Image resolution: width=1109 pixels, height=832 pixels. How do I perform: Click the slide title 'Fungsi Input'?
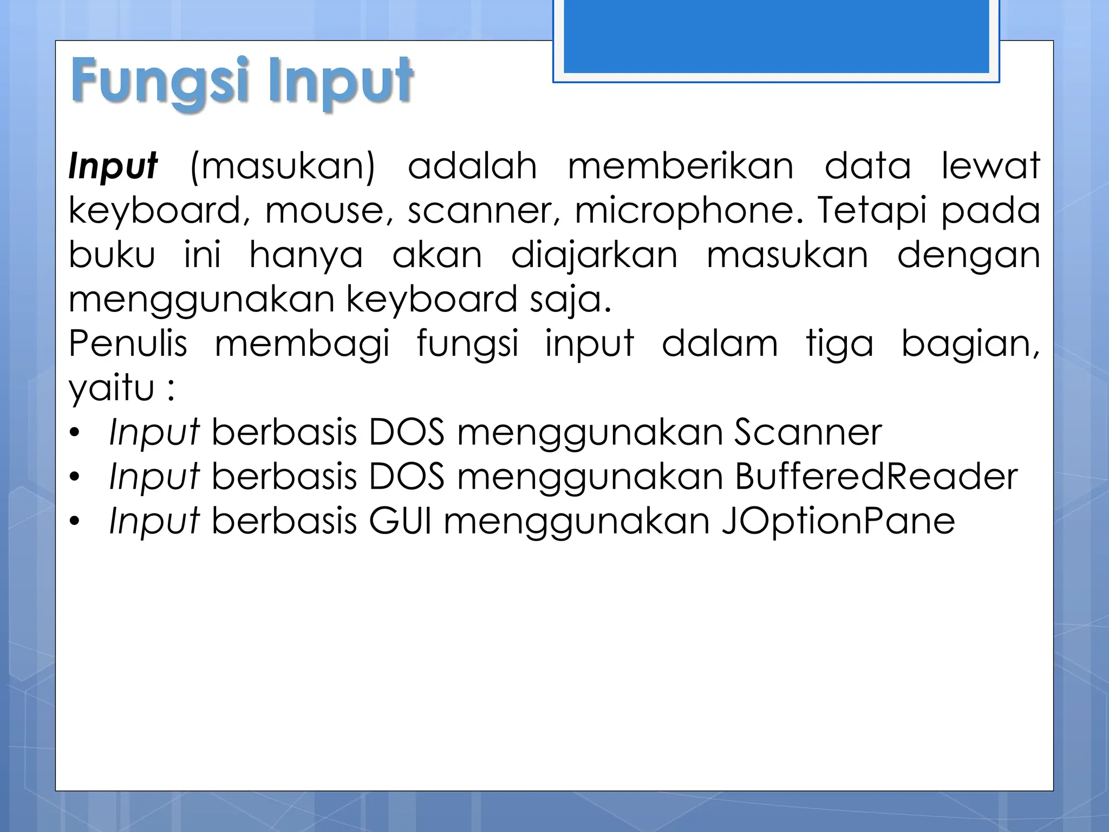242,82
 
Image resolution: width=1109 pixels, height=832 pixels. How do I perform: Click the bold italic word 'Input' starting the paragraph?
113,166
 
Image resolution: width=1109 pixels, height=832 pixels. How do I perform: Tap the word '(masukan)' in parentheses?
283,166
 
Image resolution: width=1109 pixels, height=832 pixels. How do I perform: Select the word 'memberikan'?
681,166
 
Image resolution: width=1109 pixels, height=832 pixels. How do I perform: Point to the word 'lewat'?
990,166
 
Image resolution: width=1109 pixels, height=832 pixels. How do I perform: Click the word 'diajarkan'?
594,255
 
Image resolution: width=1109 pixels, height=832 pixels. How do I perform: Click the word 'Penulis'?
128,344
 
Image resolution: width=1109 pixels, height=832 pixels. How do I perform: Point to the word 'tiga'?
839,344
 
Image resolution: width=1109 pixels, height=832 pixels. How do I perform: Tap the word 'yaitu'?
112,388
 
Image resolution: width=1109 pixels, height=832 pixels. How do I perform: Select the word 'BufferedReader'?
876,477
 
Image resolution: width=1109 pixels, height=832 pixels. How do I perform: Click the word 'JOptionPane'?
838,522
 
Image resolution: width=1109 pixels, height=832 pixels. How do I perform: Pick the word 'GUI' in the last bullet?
400,522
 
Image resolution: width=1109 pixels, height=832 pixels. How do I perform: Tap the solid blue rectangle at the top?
776,36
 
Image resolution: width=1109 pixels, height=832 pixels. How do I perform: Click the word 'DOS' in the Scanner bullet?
407,433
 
